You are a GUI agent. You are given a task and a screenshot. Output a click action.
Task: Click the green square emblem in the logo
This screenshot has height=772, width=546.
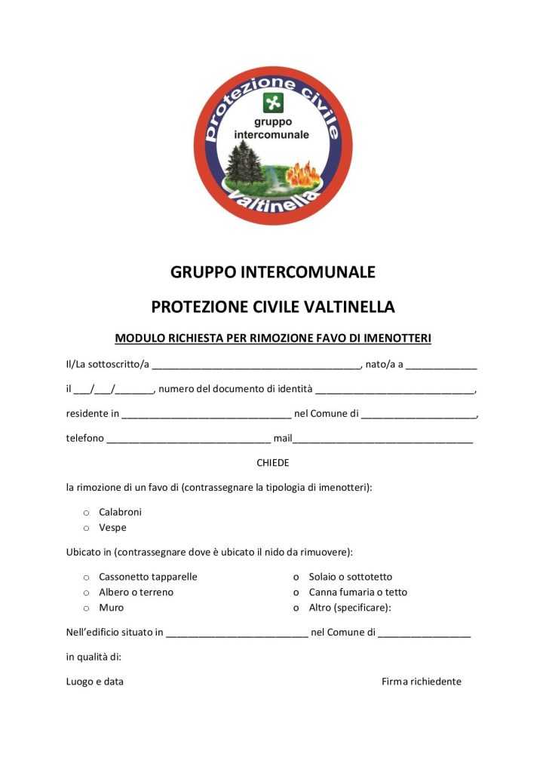(272, 103)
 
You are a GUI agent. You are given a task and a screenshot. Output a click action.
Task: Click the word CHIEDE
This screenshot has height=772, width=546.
(273, 462)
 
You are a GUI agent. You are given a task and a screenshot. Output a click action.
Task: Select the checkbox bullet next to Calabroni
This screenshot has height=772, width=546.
(86, 513)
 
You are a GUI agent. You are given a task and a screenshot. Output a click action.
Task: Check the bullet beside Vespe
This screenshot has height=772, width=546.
(86, 528)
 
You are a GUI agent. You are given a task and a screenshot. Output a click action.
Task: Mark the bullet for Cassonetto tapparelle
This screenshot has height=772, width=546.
(86, 577)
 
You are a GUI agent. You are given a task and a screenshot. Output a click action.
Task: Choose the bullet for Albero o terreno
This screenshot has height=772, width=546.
(86, 593)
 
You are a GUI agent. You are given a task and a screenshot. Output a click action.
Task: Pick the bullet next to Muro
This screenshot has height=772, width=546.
(86, 608)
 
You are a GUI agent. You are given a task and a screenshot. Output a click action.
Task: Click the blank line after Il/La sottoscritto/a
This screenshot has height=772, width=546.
(256, 366)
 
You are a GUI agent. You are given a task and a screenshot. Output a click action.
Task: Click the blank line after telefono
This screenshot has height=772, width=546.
(189, 440)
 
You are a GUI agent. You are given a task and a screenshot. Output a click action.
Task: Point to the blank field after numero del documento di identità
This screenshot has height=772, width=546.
(394, 391)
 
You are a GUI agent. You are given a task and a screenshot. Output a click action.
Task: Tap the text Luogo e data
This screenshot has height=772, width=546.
(95, 682)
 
